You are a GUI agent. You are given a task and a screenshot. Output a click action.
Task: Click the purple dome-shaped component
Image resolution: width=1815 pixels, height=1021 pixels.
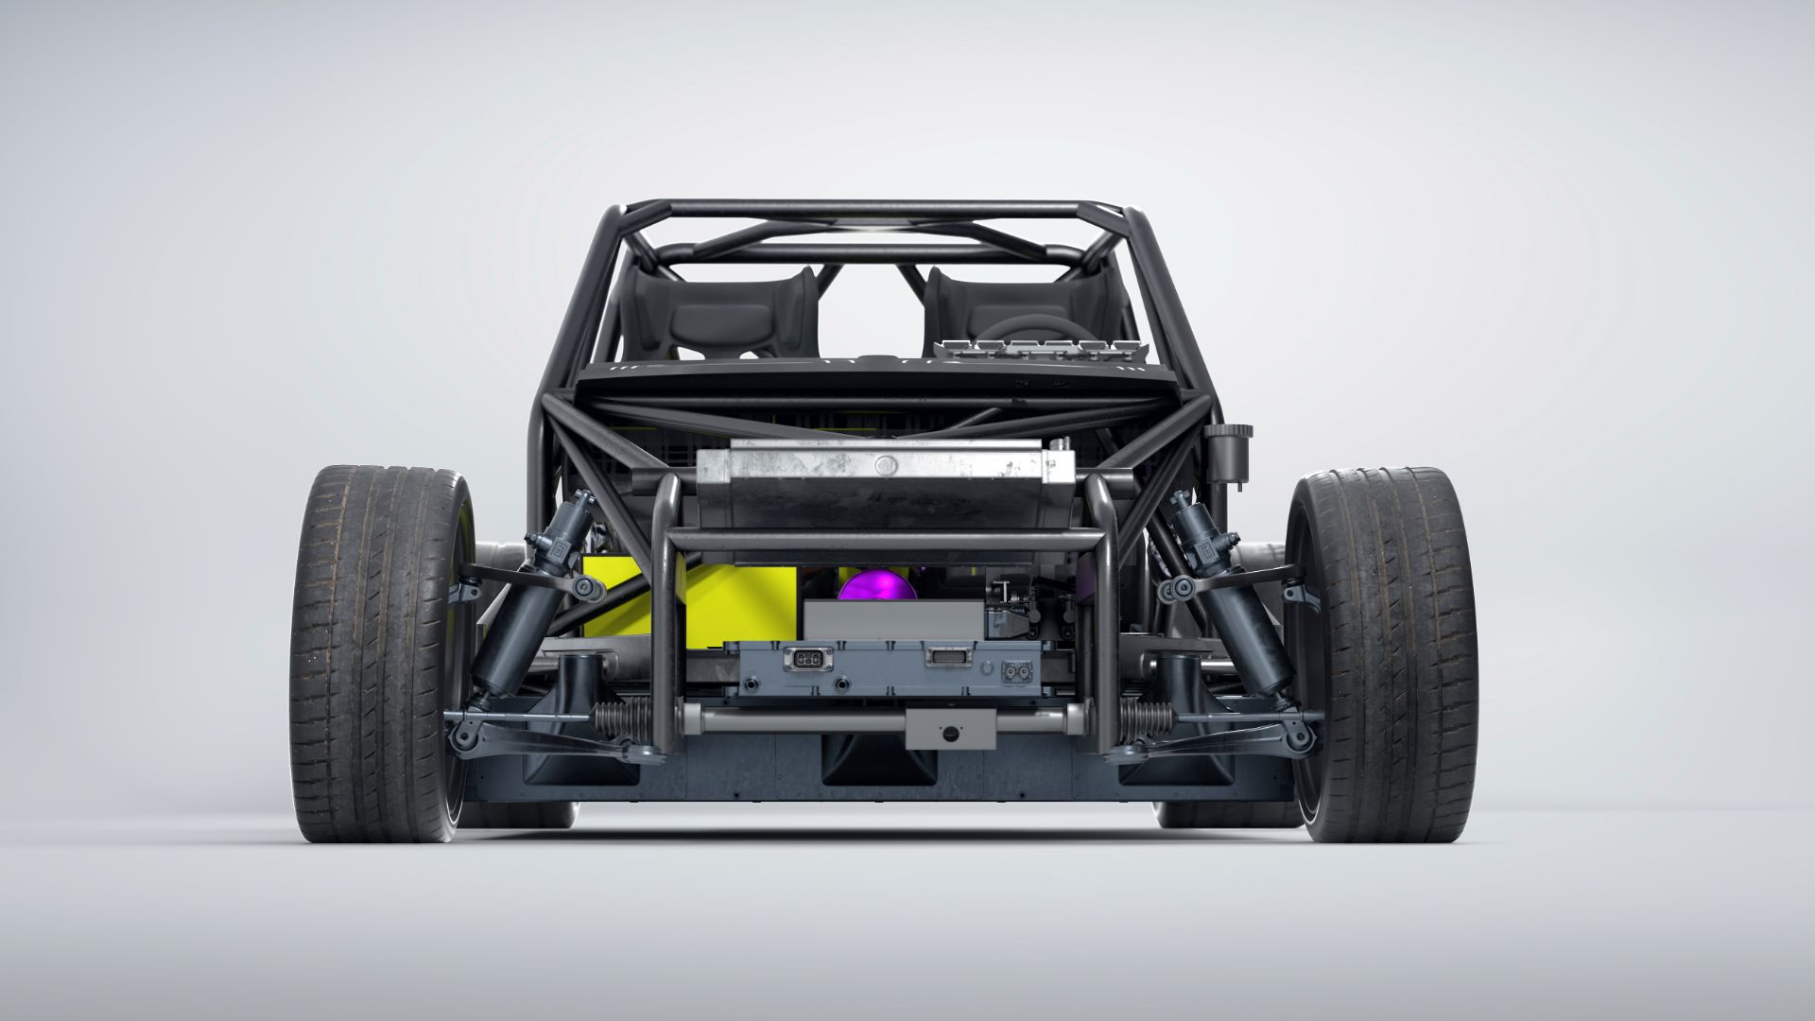877,586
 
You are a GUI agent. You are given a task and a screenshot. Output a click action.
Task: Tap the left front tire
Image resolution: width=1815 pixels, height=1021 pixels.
378,652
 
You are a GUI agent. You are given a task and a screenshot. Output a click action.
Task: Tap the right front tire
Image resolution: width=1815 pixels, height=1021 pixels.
1385,652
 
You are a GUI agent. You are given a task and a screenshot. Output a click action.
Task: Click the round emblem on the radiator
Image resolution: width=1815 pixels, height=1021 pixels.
885,465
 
